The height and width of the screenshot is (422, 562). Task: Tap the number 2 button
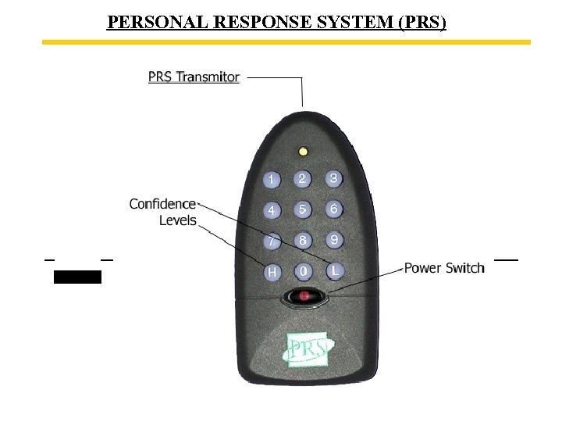point(302,179)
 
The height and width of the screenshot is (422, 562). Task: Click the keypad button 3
point(333,179)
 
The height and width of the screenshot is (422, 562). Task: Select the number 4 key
point(271,210)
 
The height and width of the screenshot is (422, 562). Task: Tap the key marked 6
point(333,209)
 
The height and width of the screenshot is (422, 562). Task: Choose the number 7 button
point(271,241)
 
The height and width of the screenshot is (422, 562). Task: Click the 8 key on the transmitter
point(302,240)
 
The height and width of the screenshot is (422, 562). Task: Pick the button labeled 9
point(333,240)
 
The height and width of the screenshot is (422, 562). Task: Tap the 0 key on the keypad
point(302,271)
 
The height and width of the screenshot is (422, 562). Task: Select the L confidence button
point(333,270)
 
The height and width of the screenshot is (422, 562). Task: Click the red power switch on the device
point(304,296)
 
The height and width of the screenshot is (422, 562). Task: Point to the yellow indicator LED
point(303,151)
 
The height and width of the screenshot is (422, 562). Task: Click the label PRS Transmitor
point(194,77)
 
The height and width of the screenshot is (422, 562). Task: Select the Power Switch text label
point(444,268)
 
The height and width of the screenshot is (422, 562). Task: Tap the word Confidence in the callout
point(162,204)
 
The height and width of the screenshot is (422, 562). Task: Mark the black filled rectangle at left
point(77,276)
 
